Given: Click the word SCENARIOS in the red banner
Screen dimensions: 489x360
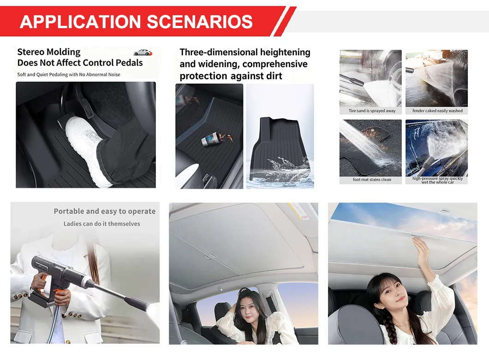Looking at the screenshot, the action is click(200, 22).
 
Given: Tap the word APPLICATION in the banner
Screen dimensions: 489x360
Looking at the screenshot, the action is click(80, 22).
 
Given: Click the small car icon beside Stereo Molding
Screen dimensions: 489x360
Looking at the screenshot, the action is click(143, 53).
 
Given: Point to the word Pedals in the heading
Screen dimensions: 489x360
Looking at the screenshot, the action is click(129, 63).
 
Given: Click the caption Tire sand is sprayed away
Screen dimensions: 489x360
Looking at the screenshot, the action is click(372, 111).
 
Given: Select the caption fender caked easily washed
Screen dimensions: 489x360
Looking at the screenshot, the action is click(437, 111).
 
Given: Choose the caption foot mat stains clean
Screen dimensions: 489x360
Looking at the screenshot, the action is click(372, 180).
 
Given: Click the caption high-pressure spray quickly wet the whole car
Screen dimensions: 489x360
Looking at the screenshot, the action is click(437, 180).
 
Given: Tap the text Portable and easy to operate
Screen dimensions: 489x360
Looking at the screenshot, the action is click(105, 211).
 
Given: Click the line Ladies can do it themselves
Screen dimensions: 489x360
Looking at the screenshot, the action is click(101, 224).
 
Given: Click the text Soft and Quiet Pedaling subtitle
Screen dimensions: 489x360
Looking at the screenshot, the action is click(69, 75).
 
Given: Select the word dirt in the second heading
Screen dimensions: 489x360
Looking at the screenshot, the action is click(272, 76).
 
